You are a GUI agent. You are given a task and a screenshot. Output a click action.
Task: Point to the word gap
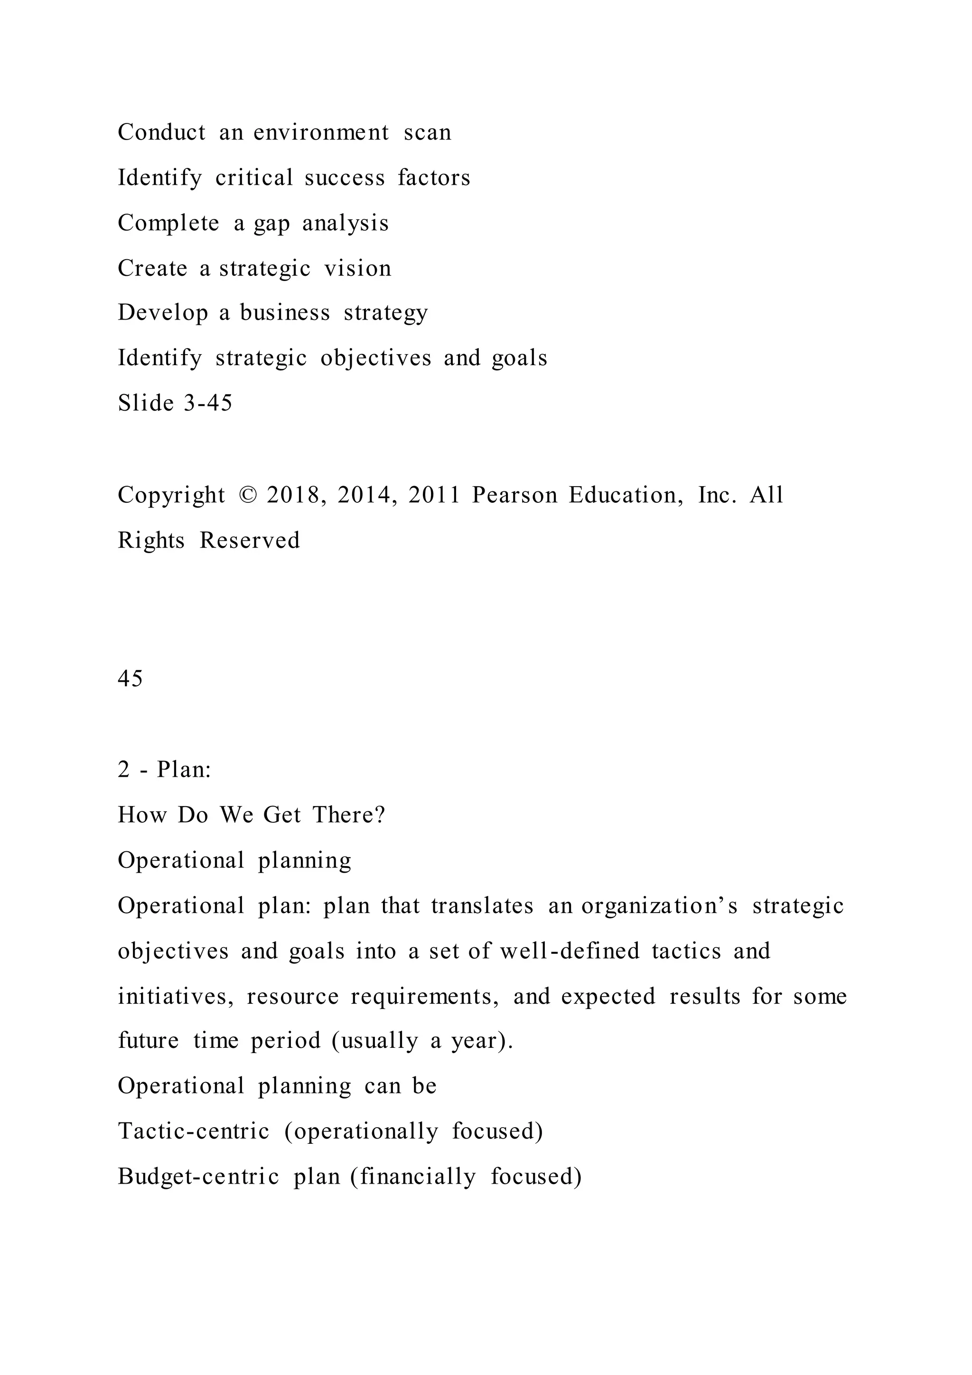(272, 223)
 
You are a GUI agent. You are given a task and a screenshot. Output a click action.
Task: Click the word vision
(357, 268)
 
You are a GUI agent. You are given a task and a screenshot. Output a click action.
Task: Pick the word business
(284, 312)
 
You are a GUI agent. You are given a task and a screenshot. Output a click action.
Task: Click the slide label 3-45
(208, 403)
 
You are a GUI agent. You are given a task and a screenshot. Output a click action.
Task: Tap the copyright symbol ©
(246, 495)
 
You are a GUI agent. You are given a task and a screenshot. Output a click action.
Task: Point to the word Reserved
(250, 540)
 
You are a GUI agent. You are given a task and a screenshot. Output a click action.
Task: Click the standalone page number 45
(130, 678)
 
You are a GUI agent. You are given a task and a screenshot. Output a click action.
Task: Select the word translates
(482, 905)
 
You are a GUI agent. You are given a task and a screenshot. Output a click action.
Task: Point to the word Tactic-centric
(193, 1131)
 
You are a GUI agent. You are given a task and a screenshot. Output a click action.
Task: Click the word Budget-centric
(198, 1177)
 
